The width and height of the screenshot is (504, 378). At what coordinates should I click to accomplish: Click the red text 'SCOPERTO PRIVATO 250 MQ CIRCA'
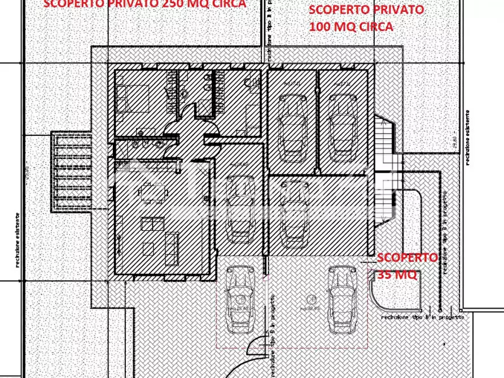pyautogui.click(x=144, y=4)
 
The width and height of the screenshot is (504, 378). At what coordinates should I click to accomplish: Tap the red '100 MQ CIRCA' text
pyautogui.click(x=350, y=26)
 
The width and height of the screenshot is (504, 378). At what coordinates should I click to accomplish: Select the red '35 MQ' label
pyautogui.click(x=396, y=275)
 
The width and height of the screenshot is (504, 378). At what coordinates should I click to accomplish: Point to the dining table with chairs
pyautogui.click(x=152, y=192)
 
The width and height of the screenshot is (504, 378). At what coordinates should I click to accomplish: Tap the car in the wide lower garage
pyautogui.click(x=293, y=214)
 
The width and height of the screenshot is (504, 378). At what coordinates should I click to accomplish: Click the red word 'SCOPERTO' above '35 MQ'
pyautogui.click(x=406, y=258)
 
